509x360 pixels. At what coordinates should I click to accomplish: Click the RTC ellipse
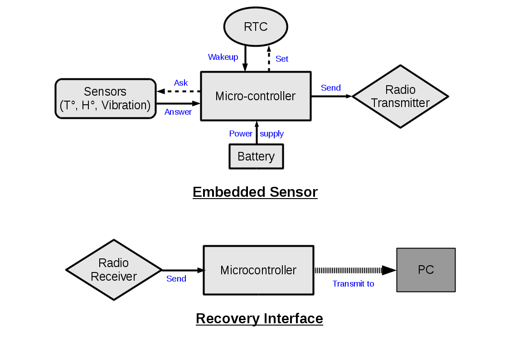coord(256,27)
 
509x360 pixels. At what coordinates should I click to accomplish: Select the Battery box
coord(256,156)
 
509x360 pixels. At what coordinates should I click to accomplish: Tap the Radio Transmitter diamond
coord(400,96)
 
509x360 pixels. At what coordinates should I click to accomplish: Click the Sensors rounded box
coord(105,98)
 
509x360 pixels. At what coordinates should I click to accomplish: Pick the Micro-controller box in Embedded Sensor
coord(256,96)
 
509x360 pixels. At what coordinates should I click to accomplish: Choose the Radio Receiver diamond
coord(114,270)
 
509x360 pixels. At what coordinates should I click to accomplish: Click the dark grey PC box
coord(426,270)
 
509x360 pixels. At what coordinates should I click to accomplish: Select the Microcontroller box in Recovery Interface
coord(258,270)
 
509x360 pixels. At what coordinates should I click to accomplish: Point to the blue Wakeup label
coord(223,57)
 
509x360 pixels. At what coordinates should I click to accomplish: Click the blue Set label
coord(282,58)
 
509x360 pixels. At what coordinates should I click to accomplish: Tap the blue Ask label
coord(181,83)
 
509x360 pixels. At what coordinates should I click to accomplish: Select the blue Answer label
coord(178,112)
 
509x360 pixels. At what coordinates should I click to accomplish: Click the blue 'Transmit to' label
coord(353,284)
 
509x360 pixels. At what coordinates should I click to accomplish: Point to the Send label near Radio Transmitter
coord(331,88)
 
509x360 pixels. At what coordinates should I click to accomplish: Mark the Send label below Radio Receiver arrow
coord(176,279)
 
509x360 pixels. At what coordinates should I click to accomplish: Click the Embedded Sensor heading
coord(255,192)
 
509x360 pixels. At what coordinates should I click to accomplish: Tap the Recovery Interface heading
coord(259,318)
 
